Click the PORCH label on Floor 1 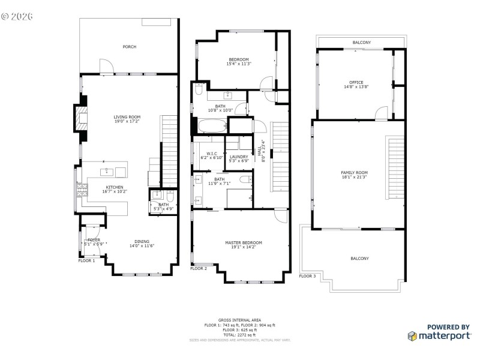[129, 47]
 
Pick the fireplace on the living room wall [80, 119]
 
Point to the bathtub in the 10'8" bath [212, 127]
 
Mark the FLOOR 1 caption [86, 261]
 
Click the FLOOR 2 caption [199, 269]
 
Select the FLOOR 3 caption [307, 276]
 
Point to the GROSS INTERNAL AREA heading [240, 320]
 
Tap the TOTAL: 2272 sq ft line [240, 335]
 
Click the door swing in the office [381, 112]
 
